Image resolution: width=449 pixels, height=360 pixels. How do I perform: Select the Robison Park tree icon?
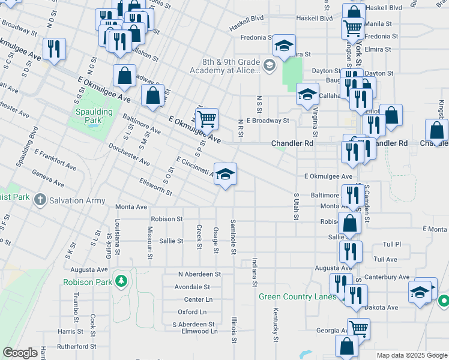[x=121, y=281]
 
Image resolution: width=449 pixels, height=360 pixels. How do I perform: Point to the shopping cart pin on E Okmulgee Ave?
[x=206, y=119]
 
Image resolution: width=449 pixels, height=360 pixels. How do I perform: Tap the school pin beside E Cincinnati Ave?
[x=225, y=175]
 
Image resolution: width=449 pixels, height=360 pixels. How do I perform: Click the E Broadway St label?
[x=267, y=120]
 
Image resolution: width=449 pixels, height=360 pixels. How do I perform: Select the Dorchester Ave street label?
[x=128, y=154]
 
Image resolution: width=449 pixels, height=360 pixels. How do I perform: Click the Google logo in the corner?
[x=20, y=353]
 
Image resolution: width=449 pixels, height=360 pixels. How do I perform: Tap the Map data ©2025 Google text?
[x=411, y=355]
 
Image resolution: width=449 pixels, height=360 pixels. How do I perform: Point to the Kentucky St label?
[x=276, y=325]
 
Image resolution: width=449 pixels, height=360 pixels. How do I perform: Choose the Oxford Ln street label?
[x=192, y=312]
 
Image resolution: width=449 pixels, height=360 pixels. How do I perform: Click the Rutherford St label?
[x=77, y=346]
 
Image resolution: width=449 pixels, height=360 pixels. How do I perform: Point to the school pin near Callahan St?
[x=307, y=94]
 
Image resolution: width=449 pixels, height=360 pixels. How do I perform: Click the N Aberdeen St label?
[x=199, y=274]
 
